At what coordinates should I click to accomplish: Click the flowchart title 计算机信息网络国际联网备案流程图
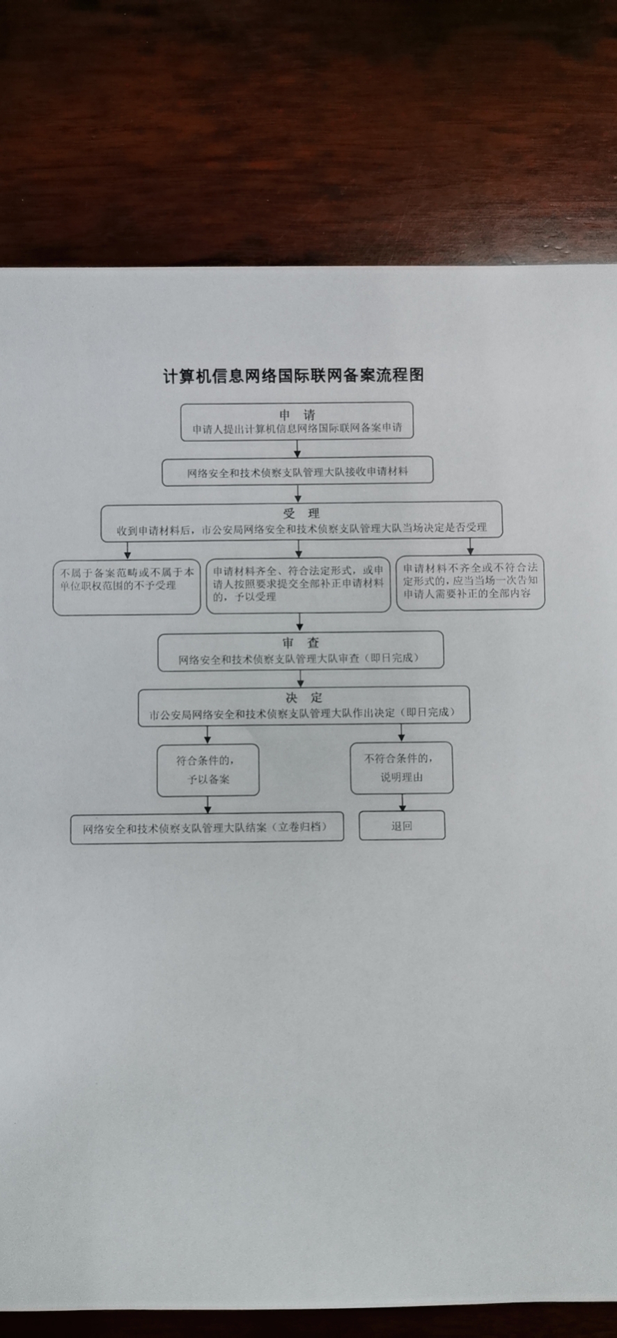coord(293,376)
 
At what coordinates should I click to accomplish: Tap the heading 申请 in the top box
coord(297,415)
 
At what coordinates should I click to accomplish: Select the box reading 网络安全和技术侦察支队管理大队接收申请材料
coord(297,472)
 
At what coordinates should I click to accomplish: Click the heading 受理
coord(302,514)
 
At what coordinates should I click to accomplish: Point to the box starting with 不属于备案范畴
coord(127,587)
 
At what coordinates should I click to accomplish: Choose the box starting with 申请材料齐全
coord(298,585)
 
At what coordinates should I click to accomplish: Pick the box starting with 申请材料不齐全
coord(470,582)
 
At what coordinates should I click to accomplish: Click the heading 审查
coord(301,643)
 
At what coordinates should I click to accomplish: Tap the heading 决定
coord(304,698)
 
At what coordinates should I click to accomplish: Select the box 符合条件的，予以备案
coord(208,770)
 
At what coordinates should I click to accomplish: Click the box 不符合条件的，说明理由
coord(401,768)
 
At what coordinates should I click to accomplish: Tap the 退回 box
coord(402,826)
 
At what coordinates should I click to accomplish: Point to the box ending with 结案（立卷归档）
coord(207,828)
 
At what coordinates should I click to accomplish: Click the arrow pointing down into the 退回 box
coord(402,803)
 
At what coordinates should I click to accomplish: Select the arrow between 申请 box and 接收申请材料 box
coord(297,449)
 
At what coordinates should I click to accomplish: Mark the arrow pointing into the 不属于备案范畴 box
coord(127,550)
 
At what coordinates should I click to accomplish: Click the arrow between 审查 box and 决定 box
coord(301,679)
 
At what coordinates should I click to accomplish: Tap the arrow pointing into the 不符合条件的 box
coord(401,733)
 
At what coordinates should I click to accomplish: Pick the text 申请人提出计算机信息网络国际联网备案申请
coord(297,429)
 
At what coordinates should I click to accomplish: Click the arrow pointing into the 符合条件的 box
coord(208,735)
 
